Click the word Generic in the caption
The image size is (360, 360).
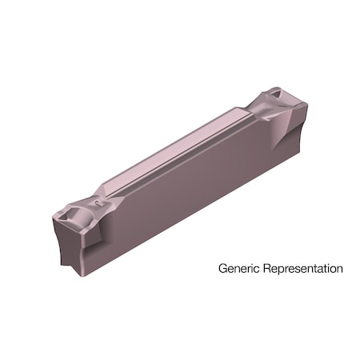(x=238, y=269)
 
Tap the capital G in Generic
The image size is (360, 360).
(x=222, y=269)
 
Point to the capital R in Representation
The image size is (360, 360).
(x=264, y=269)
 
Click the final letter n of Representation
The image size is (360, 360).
(x=340, y=269)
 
